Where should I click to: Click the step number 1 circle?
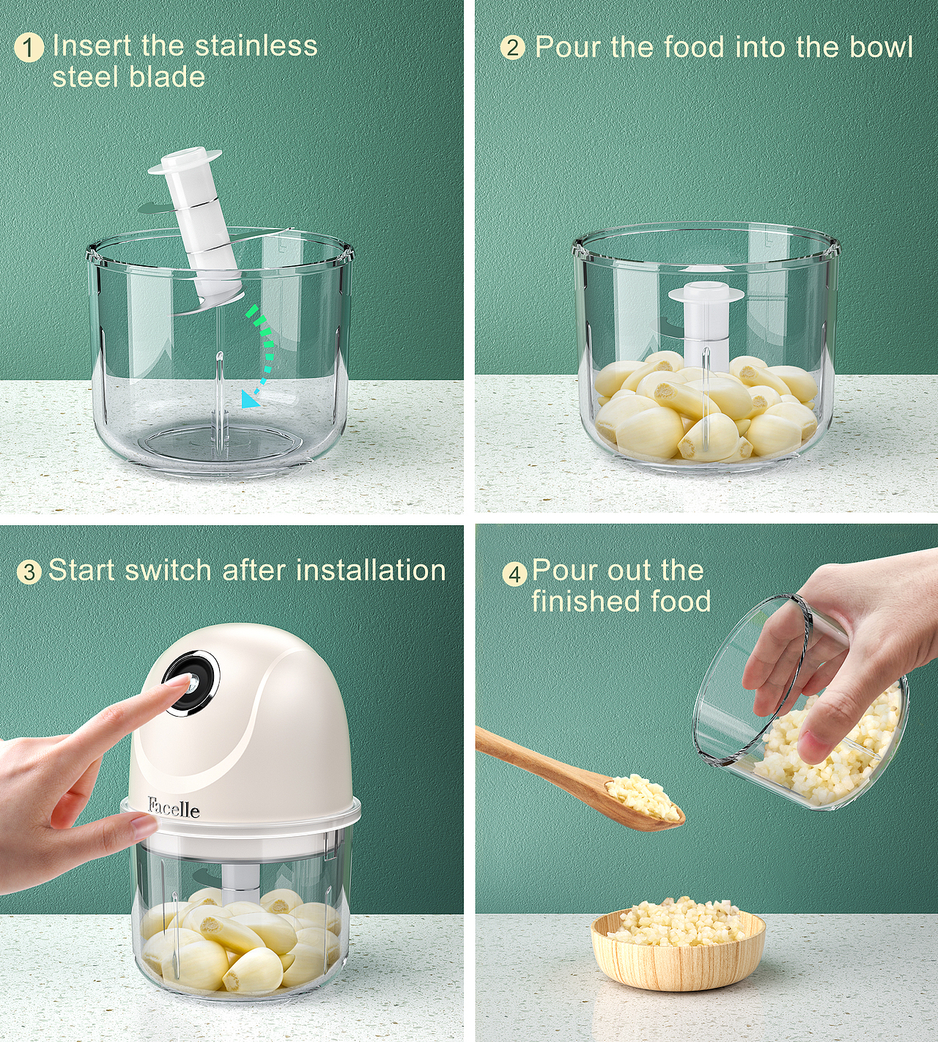tap(29, 48)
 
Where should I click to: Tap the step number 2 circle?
tap(512, 48)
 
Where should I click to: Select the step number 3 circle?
tap(29, 572)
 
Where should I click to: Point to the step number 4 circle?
tap(514, 574)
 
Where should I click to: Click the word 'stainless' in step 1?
tap(256, 45)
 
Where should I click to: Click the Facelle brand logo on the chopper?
tap(174, 808)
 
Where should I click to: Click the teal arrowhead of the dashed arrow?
tap(251, 399)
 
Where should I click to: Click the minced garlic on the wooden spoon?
tap(642, 796)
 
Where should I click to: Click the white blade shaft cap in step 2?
tap(706, 292)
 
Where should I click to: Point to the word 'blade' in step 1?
tap(166, 77)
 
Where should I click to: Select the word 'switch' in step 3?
tap(167, 570)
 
